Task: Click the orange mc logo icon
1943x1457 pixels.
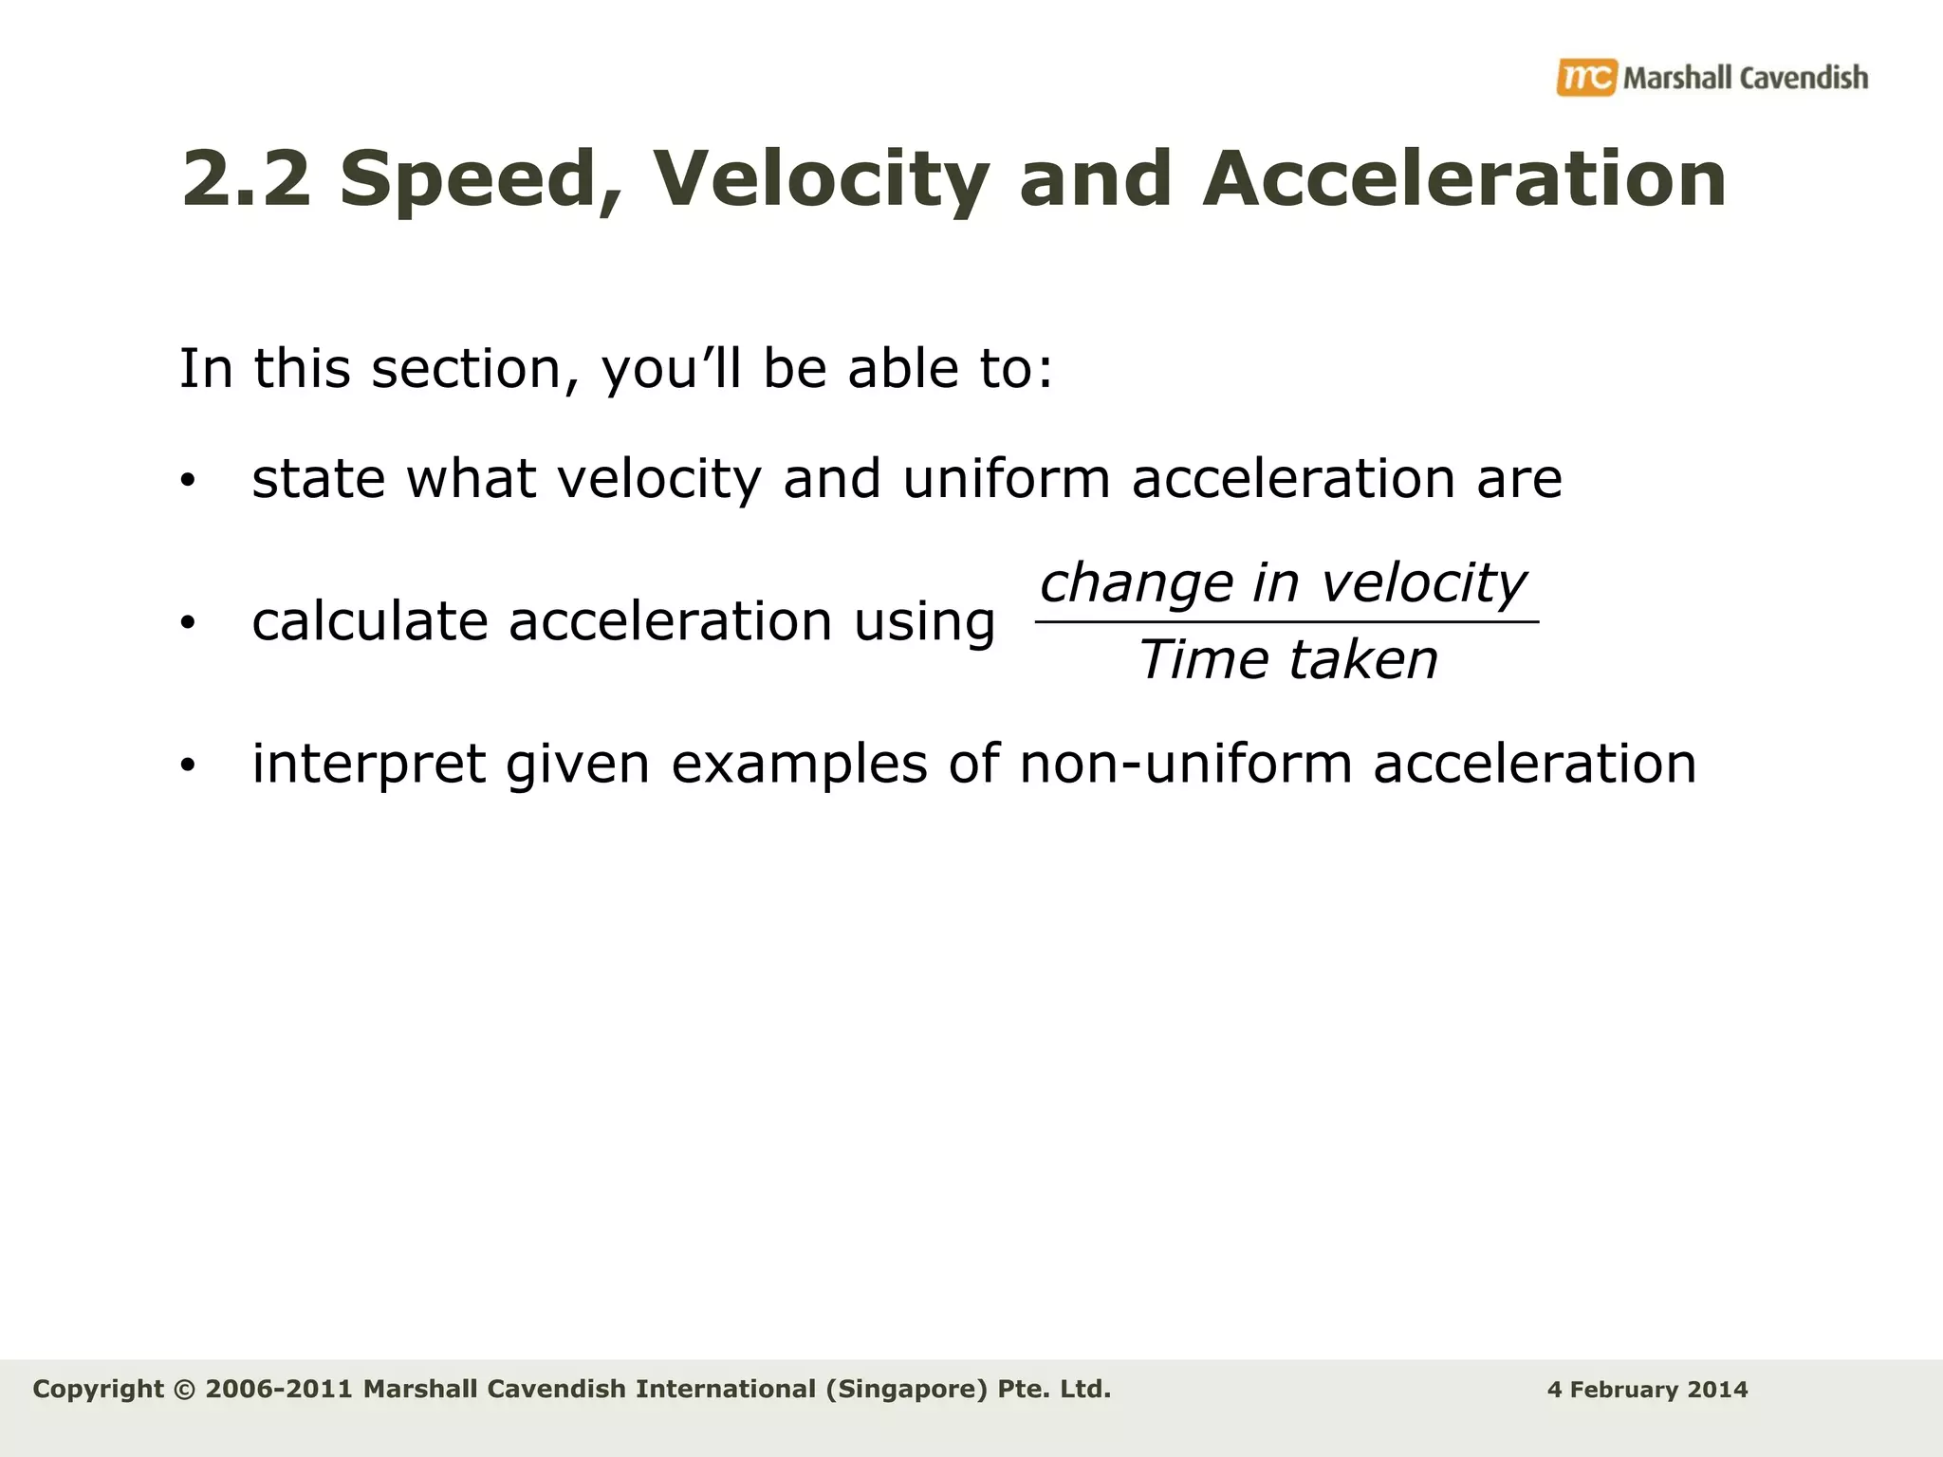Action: point(1585,77)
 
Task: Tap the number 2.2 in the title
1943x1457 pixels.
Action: point(246,179)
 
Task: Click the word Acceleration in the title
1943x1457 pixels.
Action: point(1464,179)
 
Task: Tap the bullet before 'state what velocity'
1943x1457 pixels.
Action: point(188,481)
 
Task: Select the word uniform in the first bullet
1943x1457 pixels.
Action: point(1006,478)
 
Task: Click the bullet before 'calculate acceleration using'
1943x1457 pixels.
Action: point(188,623)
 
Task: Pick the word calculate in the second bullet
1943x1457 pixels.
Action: point(369,622)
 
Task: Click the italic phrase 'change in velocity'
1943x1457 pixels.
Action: point(1284,582)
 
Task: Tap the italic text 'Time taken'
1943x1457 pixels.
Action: point(1287,659)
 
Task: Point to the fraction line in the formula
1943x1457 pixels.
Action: point(1286,622)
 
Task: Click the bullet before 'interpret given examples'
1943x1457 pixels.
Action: point(188,765)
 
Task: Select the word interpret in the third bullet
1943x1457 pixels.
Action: point(368,764)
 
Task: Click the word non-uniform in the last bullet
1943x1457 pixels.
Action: point(1185,764)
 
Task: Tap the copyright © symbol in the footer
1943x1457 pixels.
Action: point(185,1390)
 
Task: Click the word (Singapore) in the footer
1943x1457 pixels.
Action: point(906,1390)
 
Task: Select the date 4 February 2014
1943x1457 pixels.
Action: point(1647,1390)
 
